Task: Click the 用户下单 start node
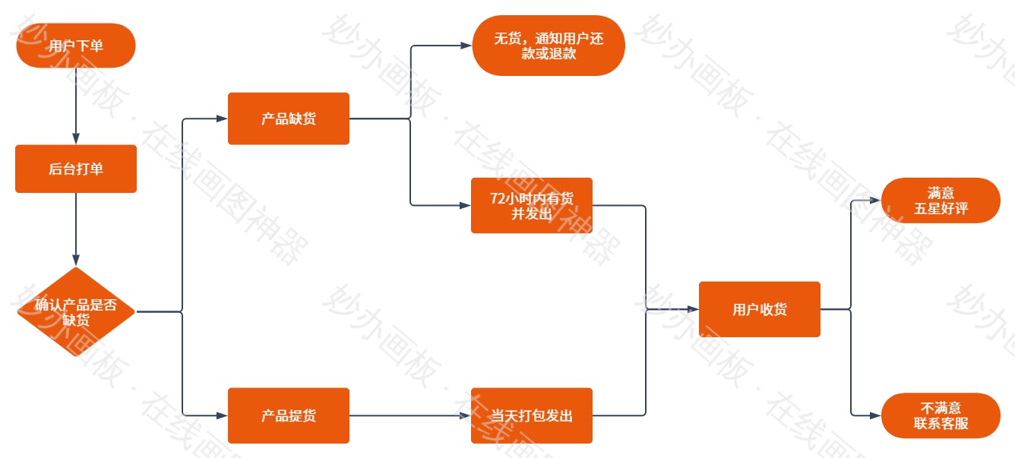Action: coord(76,46)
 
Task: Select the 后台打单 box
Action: coord(76,169)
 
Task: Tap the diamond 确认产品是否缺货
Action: coord(76,311)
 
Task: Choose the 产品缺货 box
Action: coord(289,118)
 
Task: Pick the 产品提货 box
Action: coord(289,415)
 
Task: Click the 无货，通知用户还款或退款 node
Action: coord(549,46)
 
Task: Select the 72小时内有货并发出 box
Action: coord(532,205)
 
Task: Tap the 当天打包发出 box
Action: coord(532,415)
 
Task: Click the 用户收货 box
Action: coord(760,309)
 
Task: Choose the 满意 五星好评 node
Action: coord(941,201)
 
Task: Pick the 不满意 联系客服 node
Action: coord(941,415)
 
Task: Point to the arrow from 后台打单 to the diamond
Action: coord(76,228)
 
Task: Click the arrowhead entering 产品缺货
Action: coord(222,118)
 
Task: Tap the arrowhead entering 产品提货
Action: coord(222,415)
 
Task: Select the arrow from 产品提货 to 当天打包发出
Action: coord(410,415)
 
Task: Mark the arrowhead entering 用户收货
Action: coord(693,309)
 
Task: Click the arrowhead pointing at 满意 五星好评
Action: coord(875,201)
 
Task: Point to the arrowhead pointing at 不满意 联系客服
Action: coord(875,415)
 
